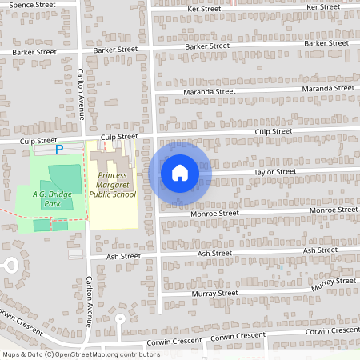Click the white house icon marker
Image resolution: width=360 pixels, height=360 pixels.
(180, 172)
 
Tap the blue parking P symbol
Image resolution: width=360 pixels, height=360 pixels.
(58, 150)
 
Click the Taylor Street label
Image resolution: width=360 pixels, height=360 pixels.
(275, 172)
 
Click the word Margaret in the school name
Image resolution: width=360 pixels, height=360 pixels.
(114, 185)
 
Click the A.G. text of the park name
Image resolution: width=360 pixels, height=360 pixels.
(42, 194)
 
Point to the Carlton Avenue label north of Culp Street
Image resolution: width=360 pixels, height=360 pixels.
(80, 92)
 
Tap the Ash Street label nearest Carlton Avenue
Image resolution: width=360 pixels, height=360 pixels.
(123, 257)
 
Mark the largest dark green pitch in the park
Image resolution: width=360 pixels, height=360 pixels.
(65, 177)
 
